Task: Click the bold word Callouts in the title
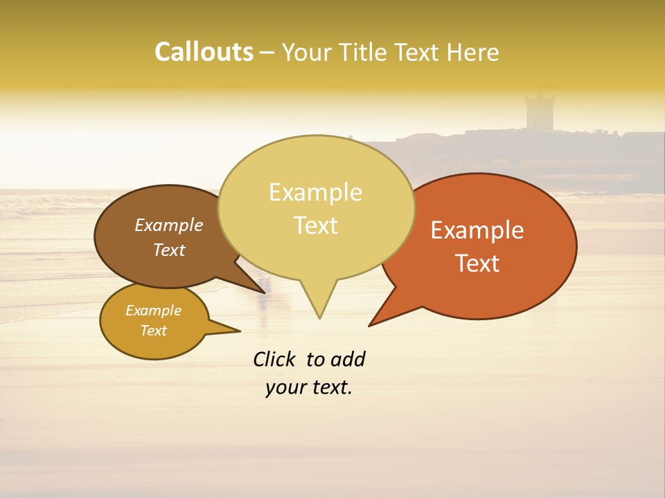(x=204, y=52)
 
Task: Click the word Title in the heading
(x=364, y=52)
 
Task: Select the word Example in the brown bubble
(x=169, y=225)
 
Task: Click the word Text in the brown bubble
(x=169, y=250)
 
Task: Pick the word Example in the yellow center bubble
(x=315, y=192)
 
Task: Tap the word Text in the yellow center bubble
(x=315, y=225)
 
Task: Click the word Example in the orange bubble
(x=477, y=230)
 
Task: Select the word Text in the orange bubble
(x=477, y=263)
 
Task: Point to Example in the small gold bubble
(x=153, y=311)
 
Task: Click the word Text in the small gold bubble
(x=153, y=331)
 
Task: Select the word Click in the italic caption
(x=276, y=360)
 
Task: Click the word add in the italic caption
(x=347, y=360)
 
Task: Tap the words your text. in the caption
(x=309, y=387)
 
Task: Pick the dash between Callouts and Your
(x=267, y=53)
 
